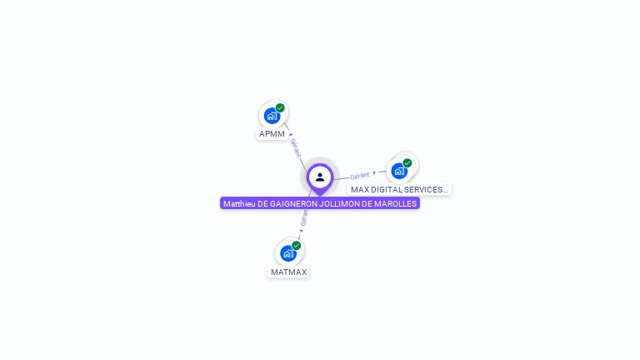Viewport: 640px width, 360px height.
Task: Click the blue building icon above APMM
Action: [x=271, y=116]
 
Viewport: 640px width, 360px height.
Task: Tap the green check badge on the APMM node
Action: [x=280, y=107]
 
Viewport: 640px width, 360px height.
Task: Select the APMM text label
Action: [x=272, y=134]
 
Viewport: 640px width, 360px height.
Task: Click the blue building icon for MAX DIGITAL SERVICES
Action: [x=399, y=171]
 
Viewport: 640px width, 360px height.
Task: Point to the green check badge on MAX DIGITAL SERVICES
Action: [x=407, y=163]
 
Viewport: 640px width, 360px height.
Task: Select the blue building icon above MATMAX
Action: [x=288, y=253]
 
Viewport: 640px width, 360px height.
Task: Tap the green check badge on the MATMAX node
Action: [x=296, y=246]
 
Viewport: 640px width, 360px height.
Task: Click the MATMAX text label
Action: [x=288, y=272]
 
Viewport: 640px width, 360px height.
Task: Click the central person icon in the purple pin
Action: [x=320, y=177]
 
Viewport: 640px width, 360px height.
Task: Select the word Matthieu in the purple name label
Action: [x=239, y=203]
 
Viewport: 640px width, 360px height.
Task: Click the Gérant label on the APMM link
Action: [x=296, y=148]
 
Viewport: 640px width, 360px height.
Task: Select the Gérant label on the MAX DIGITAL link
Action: [x=360, y=175]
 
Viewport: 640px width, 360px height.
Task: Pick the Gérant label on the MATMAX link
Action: [x=304, y=219]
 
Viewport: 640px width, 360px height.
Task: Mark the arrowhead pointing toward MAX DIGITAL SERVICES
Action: [x=375, y=172]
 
